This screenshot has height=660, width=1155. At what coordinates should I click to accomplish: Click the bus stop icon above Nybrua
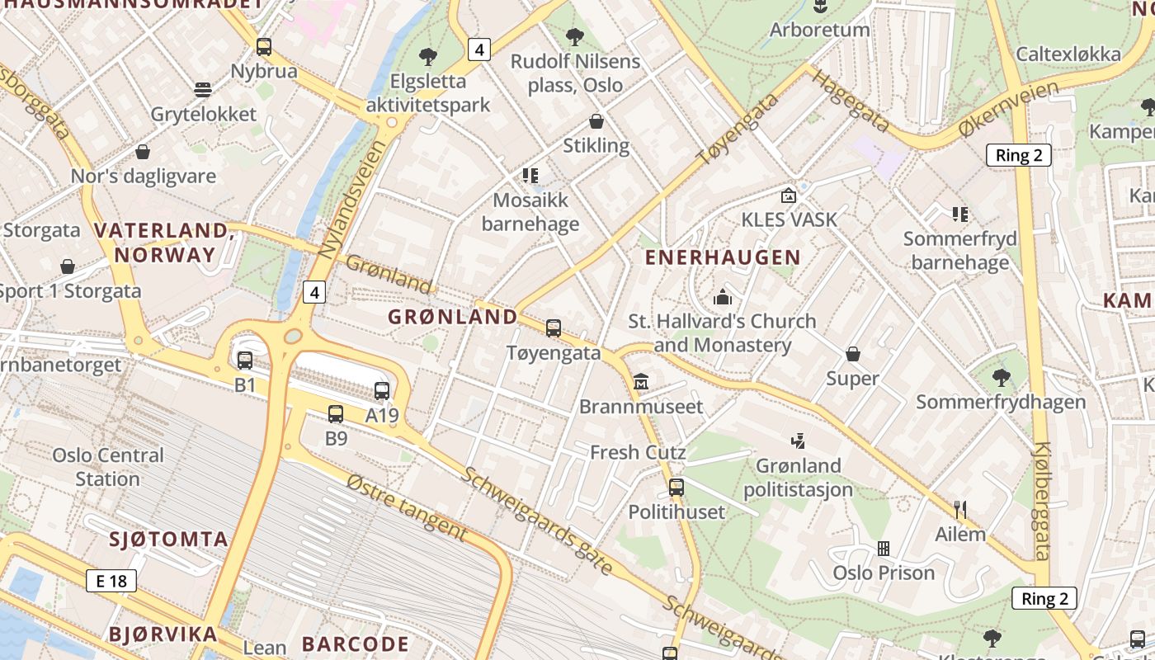263,47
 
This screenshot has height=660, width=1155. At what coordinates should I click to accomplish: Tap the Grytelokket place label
204,114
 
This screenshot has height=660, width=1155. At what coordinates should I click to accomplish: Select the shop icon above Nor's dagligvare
143,153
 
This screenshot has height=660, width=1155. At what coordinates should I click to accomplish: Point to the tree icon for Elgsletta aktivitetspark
427,57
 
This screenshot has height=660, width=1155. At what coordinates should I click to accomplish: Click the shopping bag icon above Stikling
596,122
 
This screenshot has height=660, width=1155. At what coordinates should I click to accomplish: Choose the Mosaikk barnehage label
530,212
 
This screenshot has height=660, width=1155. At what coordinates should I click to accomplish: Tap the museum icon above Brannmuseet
641,382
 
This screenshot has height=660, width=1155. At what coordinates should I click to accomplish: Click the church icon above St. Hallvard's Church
723,297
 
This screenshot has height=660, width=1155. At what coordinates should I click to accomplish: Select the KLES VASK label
789,219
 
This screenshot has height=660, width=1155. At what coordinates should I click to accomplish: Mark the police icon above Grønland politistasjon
797,441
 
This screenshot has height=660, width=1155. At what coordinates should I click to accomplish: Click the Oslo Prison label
884,573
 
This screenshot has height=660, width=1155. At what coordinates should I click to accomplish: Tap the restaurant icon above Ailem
959,509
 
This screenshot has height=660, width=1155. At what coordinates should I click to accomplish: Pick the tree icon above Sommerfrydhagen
1001,378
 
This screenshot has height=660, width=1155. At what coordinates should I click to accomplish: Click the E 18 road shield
111,581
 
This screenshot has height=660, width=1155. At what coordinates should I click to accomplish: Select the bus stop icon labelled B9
336,414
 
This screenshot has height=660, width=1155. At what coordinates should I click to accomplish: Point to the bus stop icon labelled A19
381,391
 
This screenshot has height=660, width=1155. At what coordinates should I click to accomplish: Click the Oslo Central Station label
108,467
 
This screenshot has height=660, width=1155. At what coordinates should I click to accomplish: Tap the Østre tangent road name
407,507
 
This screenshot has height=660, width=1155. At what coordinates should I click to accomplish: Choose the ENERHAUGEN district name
723,257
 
